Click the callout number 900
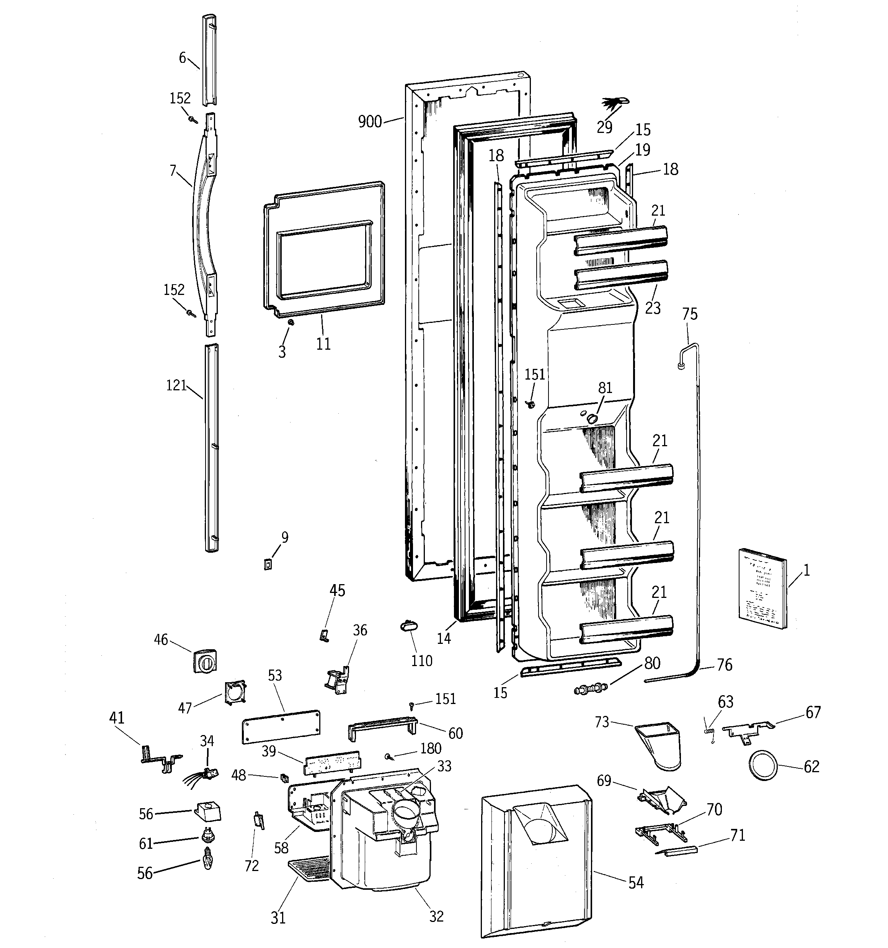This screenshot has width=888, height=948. [370, 122]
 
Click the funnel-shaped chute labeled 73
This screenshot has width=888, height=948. [660, 744]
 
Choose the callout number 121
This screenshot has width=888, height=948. [176, 385]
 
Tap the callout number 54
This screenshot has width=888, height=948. [636, 883]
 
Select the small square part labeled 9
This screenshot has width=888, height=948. [268, 565]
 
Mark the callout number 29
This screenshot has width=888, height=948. [604, 127]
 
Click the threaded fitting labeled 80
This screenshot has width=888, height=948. [591, 689]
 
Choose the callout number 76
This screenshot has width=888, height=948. [725, 665]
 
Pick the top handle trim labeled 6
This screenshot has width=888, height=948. [210, 60]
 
